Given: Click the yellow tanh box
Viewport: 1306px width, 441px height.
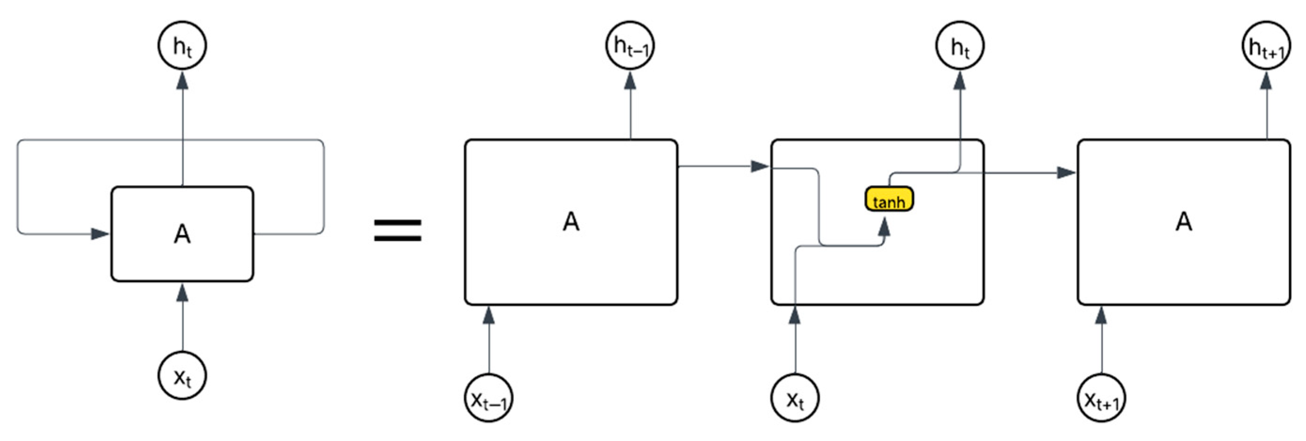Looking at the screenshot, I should pyautogui.click(x=889, y=199).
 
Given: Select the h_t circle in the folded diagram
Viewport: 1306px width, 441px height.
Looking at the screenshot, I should pyautogui.click(x=182, y=46).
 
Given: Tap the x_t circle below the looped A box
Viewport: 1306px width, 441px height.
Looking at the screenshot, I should pyautogui.click(x=182, y=376).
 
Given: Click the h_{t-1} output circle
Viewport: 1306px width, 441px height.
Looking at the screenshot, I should pyautogui.click(x=630, y=46).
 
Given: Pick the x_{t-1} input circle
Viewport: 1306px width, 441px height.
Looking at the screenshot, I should pyautogui.click(x=489, y=398).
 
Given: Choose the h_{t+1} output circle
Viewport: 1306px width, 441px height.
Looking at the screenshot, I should pyautogui.click(x=1267, y=46).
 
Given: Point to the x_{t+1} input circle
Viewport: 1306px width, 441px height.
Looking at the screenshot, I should pyautogui.click(x=1101, y=398).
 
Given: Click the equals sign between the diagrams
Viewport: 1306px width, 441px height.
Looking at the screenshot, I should pyautogui.click(x=397, y=231).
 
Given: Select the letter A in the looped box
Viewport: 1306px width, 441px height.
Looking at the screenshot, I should pyautogui.click(x=182, y=234).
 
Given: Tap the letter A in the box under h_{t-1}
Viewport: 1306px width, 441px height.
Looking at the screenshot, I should pyautogui.click(x=571, y=222).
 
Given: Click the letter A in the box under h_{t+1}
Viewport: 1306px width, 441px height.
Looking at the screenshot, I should pyautogui.click(x=1183, y=222).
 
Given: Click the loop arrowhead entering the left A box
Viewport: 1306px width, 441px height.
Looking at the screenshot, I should pyautogui.click(x=100, y=234).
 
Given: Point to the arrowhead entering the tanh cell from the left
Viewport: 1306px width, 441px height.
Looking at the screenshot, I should pyautogui.click(x=760, y=166).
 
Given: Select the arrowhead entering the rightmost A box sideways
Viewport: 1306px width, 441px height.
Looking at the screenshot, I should pyautogui.click(x=1066, y=172).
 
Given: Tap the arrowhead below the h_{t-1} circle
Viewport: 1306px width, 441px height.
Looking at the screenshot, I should pyautogui.click(x=630, y=81).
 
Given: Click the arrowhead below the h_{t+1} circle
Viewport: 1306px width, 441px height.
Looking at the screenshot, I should pyautogui.click(x=1267, y=81).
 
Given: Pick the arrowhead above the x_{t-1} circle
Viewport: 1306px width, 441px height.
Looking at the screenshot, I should pyautogui.click(x=489, y=315).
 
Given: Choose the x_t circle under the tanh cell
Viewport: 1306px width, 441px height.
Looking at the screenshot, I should pyautogui.click(x=795, y=398).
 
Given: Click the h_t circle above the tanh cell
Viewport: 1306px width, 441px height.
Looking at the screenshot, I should pyautogui.click(x=960, y=46).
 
